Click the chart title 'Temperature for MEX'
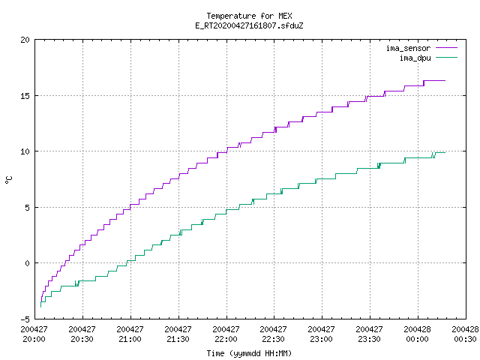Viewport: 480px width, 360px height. (249, 16)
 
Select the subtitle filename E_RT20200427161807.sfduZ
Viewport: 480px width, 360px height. (249, 25)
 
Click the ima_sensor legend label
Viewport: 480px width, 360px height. (408, 48)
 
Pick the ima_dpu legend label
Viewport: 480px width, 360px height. (415, 58)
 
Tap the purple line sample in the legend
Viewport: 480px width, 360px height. (446, 48)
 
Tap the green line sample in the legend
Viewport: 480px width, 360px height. (446, 57)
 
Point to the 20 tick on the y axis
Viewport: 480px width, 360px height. (25, 40)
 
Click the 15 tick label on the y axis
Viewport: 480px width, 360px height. (25, 96)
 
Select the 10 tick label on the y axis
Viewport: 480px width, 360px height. (25, 151)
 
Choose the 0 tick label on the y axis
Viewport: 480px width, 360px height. (28, 263)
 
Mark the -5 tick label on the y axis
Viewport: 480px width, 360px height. (25, 319)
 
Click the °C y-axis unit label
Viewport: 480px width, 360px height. (8, 180)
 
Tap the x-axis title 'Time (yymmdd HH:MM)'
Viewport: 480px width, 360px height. (249, 353)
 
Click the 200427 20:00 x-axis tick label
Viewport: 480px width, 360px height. (34, 334)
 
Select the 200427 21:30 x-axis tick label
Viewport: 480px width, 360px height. (178, 334)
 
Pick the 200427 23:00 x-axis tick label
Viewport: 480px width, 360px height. (321, 334)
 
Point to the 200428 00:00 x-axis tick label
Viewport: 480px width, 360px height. (417, 334)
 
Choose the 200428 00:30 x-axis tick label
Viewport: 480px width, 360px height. (465, 334)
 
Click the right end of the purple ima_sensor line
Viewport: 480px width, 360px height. (445, 80)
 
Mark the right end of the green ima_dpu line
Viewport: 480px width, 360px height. (445, 152)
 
